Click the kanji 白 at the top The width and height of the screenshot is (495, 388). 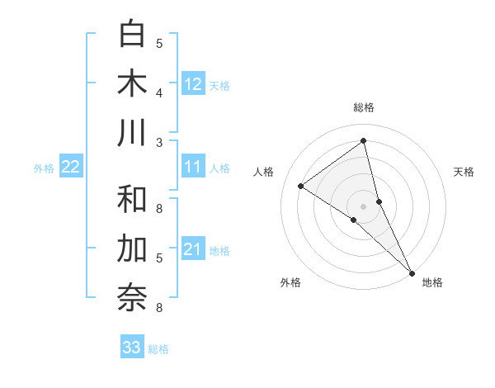point(133,34)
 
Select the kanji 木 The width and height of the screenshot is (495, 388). point(133,83)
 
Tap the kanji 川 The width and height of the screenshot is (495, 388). point(133,133)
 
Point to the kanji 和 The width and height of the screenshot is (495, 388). point(133,199)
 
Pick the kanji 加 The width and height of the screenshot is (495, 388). point(133,248)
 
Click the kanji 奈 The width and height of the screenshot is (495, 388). point(133,298)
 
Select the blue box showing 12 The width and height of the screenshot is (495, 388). point(193,84)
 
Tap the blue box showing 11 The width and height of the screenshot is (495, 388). point(193,168)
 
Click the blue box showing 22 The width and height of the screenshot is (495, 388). point(71,168)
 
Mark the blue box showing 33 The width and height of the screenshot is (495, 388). point(132,348)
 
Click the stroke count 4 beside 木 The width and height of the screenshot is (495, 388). point(159,93)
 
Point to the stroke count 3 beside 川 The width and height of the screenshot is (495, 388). point(159,143)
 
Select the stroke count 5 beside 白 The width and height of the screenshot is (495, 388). point(159,44)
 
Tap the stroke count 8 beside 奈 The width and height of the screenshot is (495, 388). point(159,308)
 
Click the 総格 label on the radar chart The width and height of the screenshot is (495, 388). point(363,107)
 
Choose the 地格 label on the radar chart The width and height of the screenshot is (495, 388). point(432,282)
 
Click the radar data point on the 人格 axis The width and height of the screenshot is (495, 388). point(300,186)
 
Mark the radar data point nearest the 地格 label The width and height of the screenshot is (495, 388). point(412,273)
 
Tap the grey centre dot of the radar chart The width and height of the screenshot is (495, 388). point(363,206)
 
